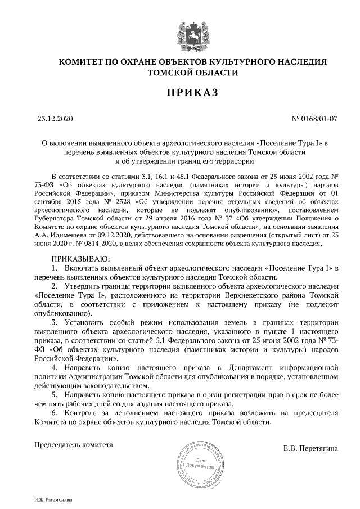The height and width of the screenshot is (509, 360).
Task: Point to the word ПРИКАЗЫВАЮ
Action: click(77, 258)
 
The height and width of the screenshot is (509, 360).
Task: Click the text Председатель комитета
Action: click(74, 444)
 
